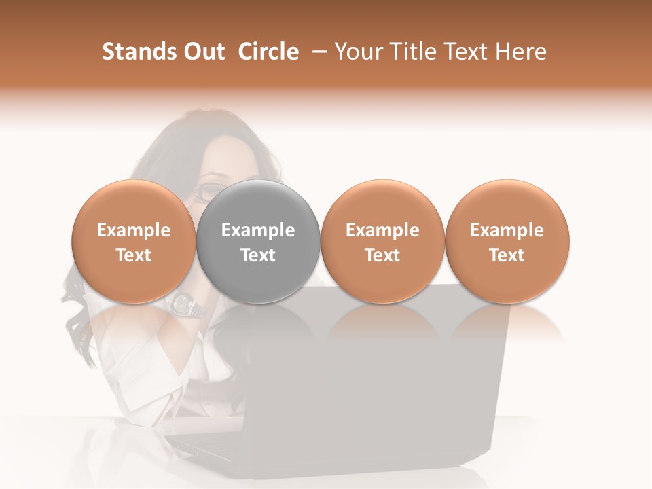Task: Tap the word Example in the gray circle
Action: click(x=258, y=230)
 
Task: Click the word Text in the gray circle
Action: click(x=258, y=255)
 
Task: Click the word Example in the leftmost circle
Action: click(x=134, y=230)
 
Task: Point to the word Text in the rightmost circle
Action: click(x=507, y=255)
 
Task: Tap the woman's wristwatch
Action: click(x=187, y=306)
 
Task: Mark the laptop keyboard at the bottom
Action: click(x=204, y=448)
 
